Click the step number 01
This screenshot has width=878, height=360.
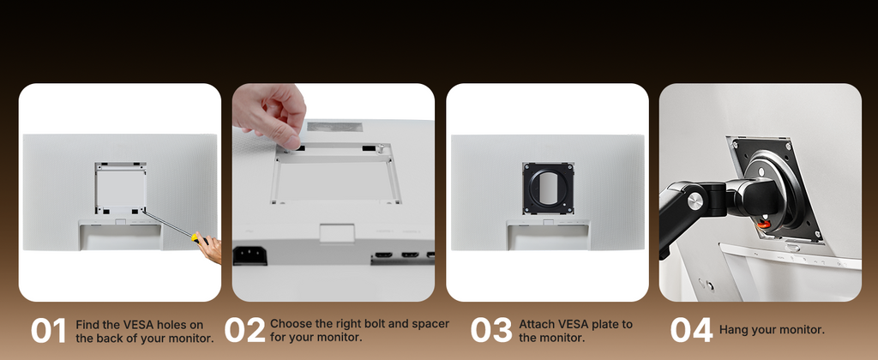(x=48, y=330)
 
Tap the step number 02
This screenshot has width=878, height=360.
(x=244, y=330)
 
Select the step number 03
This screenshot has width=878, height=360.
(x=491, y=330)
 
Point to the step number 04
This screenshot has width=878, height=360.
(x=692, y=330)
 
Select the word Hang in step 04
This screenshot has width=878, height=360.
(x=732, y=330)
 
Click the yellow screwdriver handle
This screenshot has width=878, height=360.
(x=200, y=240)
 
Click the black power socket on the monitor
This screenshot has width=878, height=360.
(x=250, y=256)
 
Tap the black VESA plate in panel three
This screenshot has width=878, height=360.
(x=548, y=189)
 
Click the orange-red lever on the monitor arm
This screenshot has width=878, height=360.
(x=764, y=224)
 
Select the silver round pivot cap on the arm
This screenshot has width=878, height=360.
(x=695, y=201)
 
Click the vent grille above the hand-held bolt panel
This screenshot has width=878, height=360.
(x=332, y=127)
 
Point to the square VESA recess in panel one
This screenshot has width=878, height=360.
(x=120, y=189)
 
